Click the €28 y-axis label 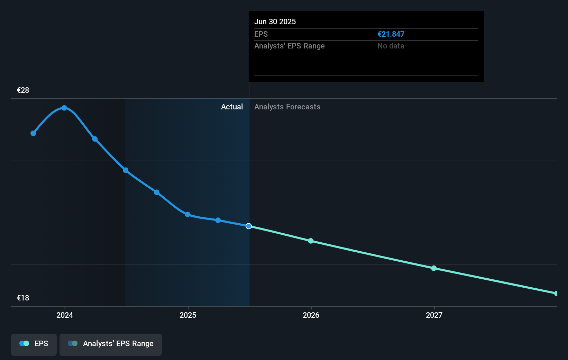(23, 90)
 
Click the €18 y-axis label (23, 298)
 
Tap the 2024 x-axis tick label (65, 315)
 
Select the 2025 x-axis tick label (188, 315)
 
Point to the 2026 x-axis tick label (311, 315)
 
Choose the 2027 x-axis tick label (434, 315)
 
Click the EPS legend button (34, 344)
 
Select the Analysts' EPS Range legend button (111, 344)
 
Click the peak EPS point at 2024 (64, 108)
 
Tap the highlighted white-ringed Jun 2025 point (249, 226)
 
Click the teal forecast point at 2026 (311, 241)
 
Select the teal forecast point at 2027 (434, 268)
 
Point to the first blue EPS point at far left (33, 133)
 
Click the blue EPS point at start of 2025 (187, 215)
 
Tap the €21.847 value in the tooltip (391, 34)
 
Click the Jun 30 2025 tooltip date (275, 21)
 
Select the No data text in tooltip (391, 46)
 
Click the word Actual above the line (232, 107)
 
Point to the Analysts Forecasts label (287, 107)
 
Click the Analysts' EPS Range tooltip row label (289, 46)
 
